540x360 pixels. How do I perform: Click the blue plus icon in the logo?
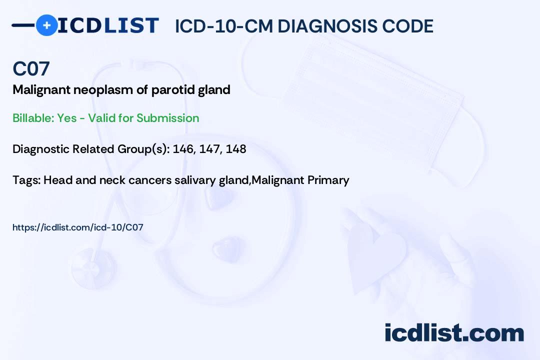point(46,25)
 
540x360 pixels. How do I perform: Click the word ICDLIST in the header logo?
point(108,25)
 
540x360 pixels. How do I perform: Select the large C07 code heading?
point(31,68)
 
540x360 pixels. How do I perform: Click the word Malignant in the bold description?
point(41,90)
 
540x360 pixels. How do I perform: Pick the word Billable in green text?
point(33,118)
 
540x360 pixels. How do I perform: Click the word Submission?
point(167,118)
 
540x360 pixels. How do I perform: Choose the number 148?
point(236,149)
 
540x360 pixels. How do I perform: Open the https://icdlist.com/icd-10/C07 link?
point(78,227)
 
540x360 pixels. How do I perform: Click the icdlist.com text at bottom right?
point(454,333)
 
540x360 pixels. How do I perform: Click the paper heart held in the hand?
point(375,255)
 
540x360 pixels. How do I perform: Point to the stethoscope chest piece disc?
point(92,268)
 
